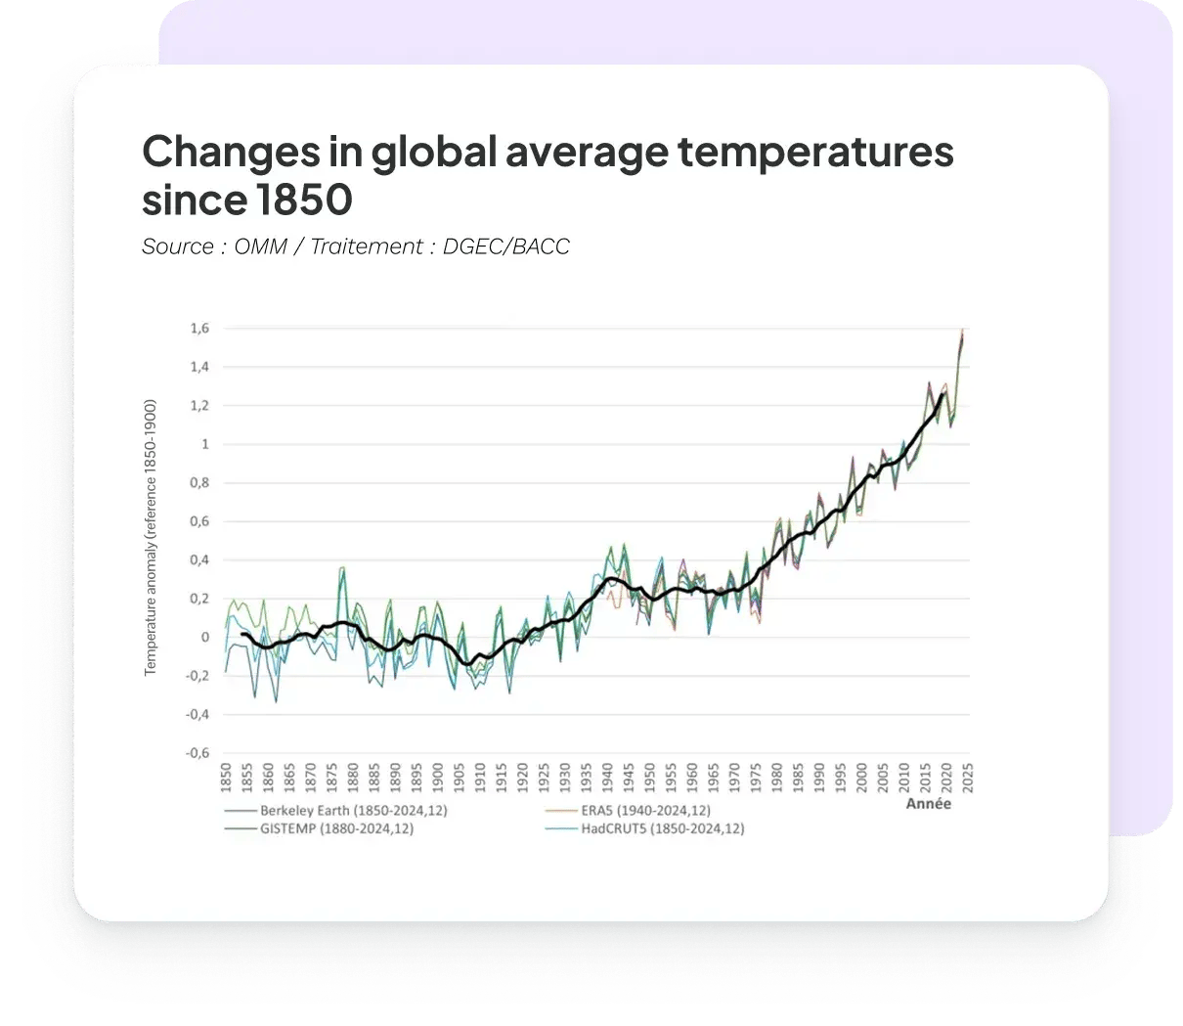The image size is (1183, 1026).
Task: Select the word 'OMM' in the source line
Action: tap(261, 246)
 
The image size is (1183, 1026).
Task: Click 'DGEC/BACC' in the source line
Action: tap(506, 246)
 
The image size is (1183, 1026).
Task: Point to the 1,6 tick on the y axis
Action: tap(199, 329)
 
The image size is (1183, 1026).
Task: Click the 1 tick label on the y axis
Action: tap(205, 444)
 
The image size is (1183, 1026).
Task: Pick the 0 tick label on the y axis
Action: tap(205, 638)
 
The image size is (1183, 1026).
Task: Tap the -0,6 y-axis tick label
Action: tap(197, 753)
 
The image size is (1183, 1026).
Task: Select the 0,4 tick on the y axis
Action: tap(199, 560)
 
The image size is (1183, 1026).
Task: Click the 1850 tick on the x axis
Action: tap(225, 778)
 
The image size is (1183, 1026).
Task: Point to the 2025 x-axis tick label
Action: tap(968, 778)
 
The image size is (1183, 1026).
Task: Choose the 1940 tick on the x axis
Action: tap(607, 778)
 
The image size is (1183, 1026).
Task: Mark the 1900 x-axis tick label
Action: tap(437, 778)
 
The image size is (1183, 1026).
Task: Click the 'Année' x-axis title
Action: tap(928, 805)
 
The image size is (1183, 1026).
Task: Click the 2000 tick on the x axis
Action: tap(862, 778)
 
